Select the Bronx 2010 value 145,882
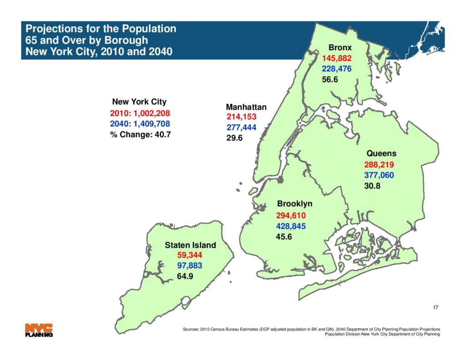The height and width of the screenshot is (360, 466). click(337, 58)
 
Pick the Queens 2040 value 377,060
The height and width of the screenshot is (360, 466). click(379, 175)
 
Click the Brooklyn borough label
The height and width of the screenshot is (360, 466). click(294, 204)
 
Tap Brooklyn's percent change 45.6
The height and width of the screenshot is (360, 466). click(284, 236)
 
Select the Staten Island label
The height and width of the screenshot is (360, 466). click(190, 245)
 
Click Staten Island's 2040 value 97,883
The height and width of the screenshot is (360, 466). click(189, 265)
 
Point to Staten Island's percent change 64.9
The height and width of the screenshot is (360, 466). click(185, 276)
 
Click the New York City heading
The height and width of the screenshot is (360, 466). click(139, 101)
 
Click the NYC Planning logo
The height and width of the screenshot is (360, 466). click(39, 330)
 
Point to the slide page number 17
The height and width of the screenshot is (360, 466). click(436, 308)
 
